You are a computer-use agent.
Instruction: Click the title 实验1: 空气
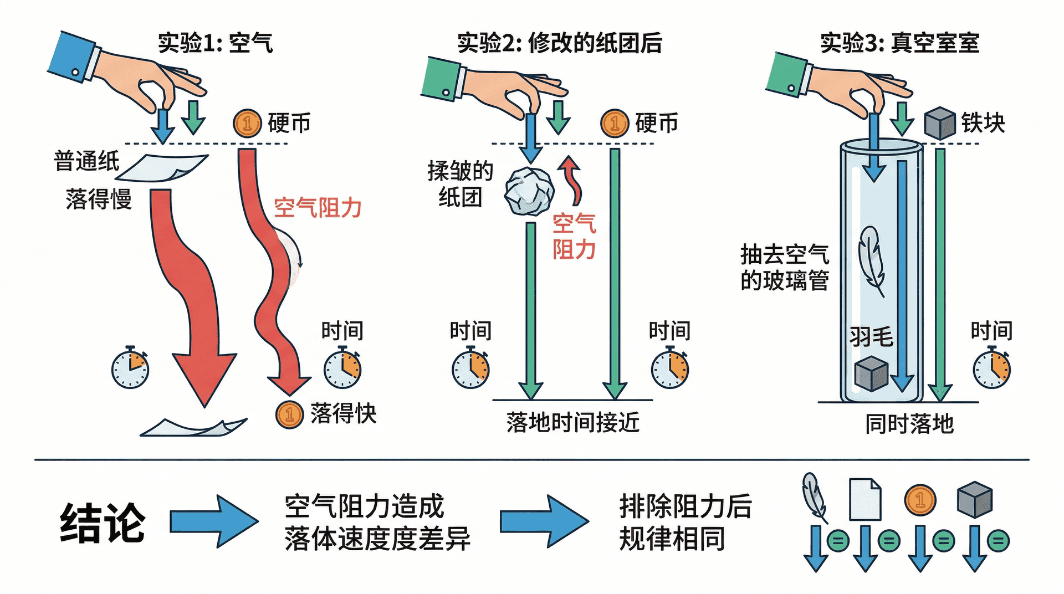tap(216, 43)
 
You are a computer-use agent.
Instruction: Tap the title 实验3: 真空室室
tap(899, 43)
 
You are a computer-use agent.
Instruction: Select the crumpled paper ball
tap(529, 191)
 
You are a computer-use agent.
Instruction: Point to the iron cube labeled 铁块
tap(940, 123)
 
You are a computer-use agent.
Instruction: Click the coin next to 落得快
tap(289, 414)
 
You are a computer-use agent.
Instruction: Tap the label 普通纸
tap(86, 161)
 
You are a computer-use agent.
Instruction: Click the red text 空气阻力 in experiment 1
tap(318, 208)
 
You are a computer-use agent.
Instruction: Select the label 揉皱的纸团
tap(460, 183)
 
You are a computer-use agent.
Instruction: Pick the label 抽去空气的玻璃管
tap(784, 268)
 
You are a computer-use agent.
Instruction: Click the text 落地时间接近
tap(573, 422)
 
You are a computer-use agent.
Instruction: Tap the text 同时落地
tap(909, 424)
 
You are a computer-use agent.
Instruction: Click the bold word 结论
tap(103, 523)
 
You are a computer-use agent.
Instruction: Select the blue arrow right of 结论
tap(214, 521)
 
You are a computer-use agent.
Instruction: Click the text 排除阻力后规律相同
tap(685, 522)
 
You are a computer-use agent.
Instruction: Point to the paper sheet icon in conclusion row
tap(865, 499)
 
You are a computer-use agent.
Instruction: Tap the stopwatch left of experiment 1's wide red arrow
tap(130, 368)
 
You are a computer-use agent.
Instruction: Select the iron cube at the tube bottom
tap(871, 375)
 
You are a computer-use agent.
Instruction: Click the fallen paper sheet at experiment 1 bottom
tap(194, 427)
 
